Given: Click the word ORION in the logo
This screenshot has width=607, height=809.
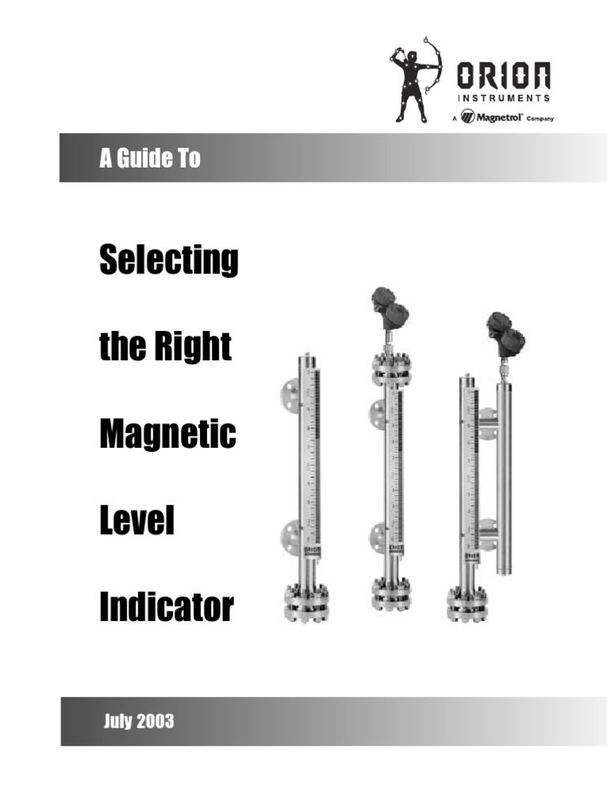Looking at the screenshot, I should point(503,77).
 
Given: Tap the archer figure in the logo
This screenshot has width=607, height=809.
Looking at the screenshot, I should point(411,79).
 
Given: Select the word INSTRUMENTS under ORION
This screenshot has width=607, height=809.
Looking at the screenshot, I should point(503,100).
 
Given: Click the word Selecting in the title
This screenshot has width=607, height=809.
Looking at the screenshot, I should point(168,261).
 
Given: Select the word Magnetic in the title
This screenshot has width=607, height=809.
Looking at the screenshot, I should point(168,435).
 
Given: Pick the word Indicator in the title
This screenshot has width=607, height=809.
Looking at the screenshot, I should point(166,608).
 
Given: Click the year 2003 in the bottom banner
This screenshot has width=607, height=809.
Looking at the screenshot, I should point(154,721).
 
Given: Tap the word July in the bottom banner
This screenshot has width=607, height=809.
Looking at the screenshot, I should point(117,721).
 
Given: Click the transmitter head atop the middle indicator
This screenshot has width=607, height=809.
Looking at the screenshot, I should point(390,308).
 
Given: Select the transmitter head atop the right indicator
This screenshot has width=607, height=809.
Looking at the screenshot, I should point(505,333).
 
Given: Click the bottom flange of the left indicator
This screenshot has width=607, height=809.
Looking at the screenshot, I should point(306,604).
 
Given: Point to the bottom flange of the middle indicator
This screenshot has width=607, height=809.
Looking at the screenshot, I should point(392,594).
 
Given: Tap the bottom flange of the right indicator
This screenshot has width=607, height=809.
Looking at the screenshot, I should point(469,604).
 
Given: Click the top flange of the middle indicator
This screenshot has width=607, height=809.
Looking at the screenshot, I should point(392,370).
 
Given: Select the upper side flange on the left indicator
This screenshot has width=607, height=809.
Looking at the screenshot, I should point(289,394).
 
